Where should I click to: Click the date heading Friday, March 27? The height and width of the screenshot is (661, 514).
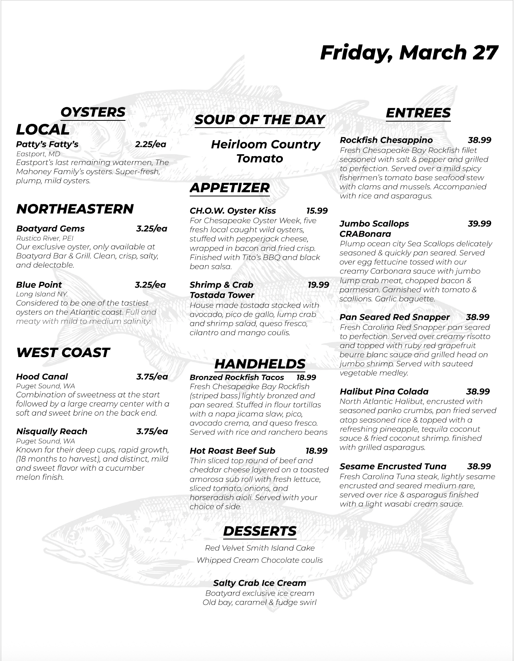409,52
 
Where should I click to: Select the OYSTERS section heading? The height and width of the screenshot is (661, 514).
93,112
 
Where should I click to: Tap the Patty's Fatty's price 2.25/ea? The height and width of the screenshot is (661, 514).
151,144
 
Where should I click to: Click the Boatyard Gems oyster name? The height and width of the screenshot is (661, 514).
50,229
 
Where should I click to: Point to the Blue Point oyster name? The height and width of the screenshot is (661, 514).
39,285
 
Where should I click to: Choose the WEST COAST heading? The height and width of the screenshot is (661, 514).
63,353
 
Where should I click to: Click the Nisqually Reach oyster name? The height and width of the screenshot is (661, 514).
52,432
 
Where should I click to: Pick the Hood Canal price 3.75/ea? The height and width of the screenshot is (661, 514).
152,377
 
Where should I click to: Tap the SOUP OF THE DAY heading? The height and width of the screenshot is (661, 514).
260,120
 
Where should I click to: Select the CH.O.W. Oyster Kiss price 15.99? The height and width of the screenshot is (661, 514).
317,211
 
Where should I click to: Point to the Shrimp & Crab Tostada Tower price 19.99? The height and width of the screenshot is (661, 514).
318,285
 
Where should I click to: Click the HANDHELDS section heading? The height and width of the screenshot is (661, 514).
260,364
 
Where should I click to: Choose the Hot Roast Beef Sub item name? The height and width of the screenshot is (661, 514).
232,451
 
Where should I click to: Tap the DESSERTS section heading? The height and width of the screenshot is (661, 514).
260,531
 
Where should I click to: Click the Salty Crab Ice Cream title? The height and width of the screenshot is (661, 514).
260,583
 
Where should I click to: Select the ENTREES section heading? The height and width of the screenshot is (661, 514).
418,113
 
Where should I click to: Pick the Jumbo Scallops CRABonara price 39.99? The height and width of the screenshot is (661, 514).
479,224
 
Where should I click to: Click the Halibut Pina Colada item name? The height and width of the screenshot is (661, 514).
384,392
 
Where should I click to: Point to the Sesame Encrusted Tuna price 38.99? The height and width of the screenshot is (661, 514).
479,466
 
